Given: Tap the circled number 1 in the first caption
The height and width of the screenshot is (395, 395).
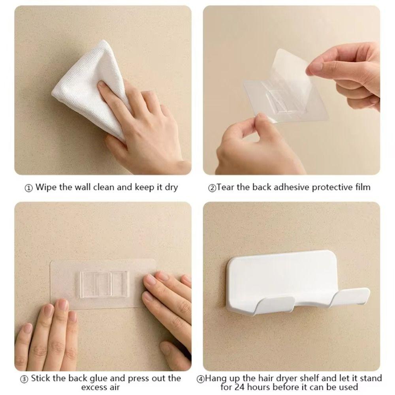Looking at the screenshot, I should pyautogui.click(x=29, y=188).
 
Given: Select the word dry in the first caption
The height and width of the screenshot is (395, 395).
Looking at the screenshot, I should pyautogui.click(x=171, y=187).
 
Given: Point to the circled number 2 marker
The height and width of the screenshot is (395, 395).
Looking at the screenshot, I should pyautogui.click(x=212, y=188).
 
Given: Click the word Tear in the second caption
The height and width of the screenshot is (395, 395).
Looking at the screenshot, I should pyautogui.click(x=226, y=187).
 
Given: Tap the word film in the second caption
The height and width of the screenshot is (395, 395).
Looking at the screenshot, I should pyautogui.click(x=362, y=187).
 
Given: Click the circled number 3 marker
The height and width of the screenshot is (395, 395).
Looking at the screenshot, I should pyautogui.click(x=24, y=379).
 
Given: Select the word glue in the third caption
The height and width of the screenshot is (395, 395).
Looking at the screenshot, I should pyautogui.click(x=93, y=378).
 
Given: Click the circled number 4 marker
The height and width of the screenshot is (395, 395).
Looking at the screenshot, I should pyautogui.click(x=201, y=379).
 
